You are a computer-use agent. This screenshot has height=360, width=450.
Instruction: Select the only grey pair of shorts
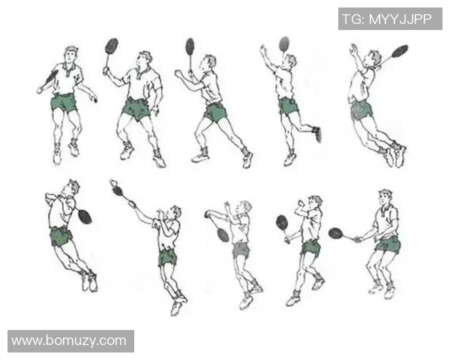tap(241, 250)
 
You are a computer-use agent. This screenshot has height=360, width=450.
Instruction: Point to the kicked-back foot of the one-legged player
tap(316, 134)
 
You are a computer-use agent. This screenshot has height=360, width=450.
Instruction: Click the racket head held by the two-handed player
tap(336, 233)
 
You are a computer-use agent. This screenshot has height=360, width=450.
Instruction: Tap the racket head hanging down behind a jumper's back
tap(85, 217)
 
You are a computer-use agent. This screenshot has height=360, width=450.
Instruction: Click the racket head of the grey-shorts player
tap(223, 235)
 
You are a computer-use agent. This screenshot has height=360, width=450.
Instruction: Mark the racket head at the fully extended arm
tap(118, 190)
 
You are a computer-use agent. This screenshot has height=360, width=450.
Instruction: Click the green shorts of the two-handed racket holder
tap(388, 245)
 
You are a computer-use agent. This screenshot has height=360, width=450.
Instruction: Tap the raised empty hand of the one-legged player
tap(263, 50)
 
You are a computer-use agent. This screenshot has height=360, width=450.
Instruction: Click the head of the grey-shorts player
tap(244, 208)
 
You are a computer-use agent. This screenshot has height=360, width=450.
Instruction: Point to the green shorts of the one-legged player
tap(288, 106)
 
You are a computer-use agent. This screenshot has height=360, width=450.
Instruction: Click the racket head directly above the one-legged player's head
tap(284, 43)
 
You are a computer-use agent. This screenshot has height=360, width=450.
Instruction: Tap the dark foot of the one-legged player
tap(316, 134)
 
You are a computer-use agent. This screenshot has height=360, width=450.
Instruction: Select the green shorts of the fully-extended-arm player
tap(167, 256)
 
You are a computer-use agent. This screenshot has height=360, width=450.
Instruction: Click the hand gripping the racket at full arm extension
tap(132, 205)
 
